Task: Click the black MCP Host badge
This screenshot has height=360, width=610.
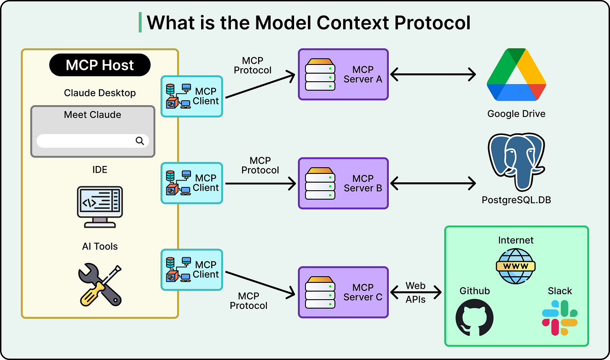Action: coord(100,65)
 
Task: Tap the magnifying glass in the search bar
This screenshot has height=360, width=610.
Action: coord(140,141)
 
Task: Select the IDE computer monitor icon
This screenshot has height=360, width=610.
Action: coord(100,207)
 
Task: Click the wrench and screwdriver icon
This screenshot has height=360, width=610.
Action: coord(100,285)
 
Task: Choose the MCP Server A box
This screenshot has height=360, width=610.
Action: coord(343,74)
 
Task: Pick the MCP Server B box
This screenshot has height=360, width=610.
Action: coord(343,183)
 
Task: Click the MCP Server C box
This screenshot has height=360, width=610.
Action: coord(343,292)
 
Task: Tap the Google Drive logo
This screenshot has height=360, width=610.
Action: coord(516,75)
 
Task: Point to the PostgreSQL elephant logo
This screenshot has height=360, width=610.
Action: coord(516,162)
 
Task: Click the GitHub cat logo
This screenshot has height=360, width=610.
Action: coord(474,318)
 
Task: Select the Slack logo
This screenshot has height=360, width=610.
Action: coord(560,318)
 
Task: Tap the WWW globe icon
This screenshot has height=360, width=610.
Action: coord(515,266)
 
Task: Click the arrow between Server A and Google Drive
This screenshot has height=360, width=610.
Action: coord(433,74)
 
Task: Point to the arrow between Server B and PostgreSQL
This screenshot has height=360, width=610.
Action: coord(433,183)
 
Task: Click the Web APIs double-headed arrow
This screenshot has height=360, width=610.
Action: coord(416,292)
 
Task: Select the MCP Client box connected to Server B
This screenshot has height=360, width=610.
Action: coord(192,183)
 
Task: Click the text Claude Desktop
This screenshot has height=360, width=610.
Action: coord(100,93)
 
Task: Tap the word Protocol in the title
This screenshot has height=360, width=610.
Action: coord(432,23)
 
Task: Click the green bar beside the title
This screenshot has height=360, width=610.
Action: coord(140,22)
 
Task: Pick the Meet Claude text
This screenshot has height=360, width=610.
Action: coord(93,115)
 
